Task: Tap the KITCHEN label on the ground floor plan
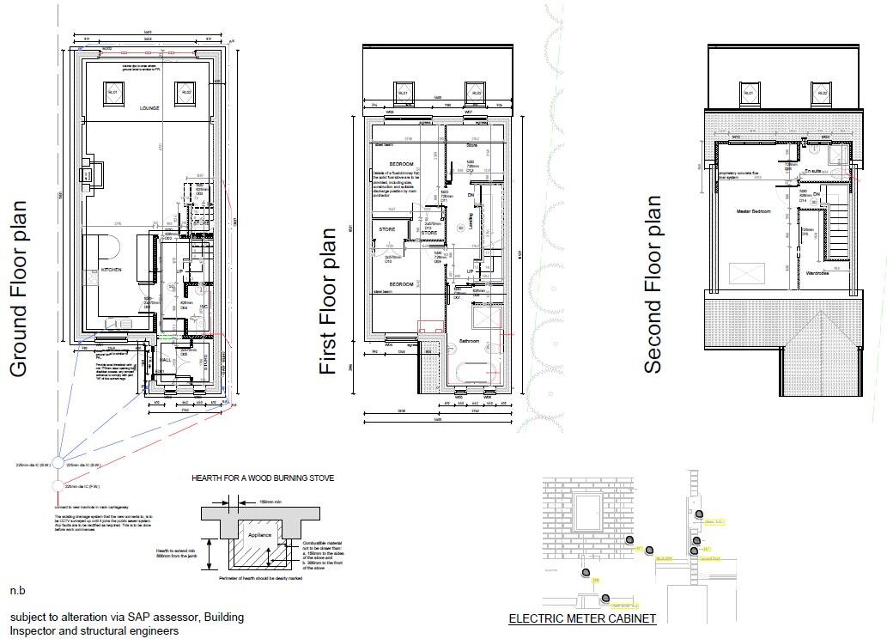tap(112, 270)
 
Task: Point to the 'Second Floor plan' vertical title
tap(653, 284)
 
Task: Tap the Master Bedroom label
tap(753, 210)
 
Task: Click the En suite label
tap(811, 171)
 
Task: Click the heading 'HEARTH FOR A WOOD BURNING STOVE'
tap(264, 478)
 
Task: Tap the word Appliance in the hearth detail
tap(259, 534)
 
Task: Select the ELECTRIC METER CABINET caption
tap(582, 618)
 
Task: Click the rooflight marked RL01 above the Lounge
tap(112, 92)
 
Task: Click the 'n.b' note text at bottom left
tap(17, 592)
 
